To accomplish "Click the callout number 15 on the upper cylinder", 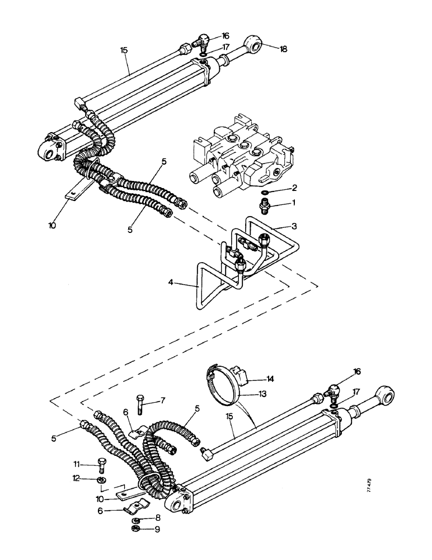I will coord(124,50).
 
